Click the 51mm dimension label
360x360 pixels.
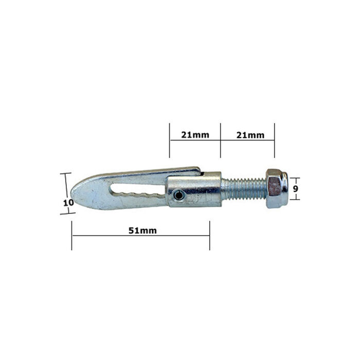(142, 230)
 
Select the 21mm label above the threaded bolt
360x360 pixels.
(250, 135)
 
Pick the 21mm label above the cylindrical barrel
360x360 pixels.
(195, 135)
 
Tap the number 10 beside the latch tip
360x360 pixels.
(68, 203)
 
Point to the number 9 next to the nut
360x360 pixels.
(295, 189)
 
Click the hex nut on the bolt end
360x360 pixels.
(277, 189)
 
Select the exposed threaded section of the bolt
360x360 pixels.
(244, 189)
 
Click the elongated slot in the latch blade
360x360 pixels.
(138, 191)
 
